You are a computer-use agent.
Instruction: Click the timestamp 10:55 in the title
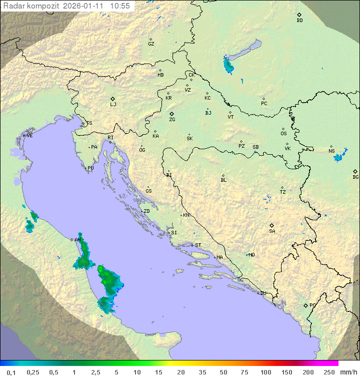[x=120, y=6]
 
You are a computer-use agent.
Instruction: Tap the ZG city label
[x=172, y=120]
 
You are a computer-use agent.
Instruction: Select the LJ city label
[x=113, y=105]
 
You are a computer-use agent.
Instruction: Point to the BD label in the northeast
[x=299, y=21]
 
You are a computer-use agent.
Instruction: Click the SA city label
[x=272, y=231]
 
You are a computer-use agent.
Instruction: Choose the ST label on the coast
[x=198, y=245]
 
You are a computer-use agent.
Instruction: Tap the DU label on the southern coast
[x=263, y=293]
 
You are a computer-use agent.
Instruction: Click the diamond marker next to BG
[x=355, y=171]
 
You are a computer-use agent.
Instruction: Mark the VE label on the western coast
[x=29, y=136]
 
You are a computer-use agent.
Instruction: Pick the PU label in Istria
[x=90, y=168]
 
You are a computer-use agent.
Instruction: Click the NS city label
[x=331, y=151]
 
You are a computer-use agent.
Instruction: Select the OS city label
[x=283, y=134]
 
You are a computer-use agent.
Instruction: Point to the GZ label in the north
[x=151, y=44]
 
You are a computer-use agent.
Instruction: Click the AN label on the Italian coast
[x=77, y=240]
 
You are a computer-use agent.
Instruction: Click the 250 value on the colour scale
[x=328, y=372]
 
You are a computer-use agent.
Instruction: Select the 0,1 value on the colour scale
[x=11, y=372]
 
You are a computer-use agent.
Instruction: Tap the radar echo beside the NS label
[x=338, y=157]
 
